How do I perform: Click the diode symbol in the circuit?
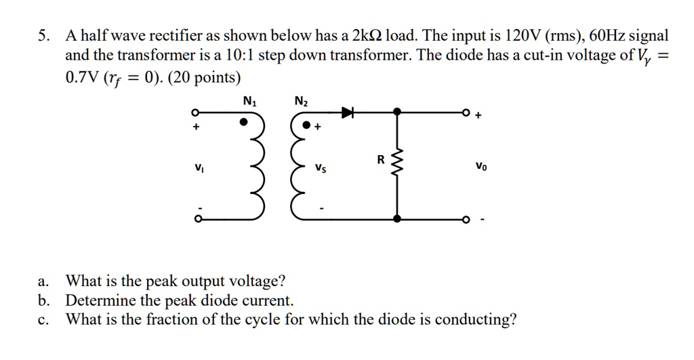pos(348,112)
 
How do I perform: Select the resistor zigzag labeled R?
pos(397,163)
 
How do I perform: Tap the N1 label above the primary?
pos(249,102)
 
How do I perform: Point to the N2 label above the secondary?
pos(301,102)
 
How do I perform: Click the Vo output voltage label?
pos(481,165)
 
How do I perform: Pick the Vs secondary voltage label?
pos(320,167)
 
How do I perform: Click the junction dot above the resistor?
pos(397,112)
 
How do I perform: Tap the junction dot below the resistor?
pos(397,219)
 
